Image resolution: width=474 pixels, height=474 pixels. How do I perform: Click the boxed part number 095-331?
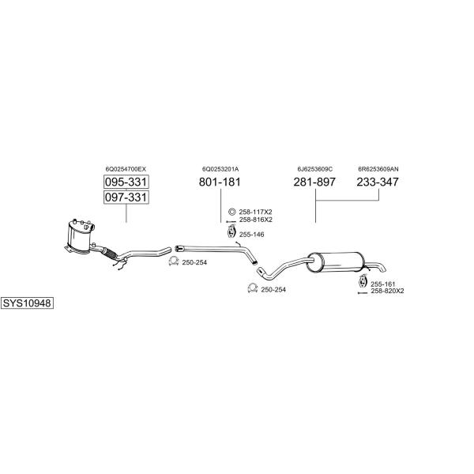[x=126, y=182]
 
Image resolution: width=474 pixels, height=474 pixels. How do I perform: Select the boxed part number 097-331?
[x=126, y=197]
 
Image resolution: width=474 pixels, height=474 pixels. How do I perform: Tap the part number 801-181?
[x=220, y=182]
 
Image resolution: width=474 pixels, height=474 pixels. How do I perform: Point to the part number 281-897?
[x=314, y=182]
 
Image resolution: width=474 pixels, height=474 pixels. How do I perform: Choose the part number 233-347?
[x=378, y=182]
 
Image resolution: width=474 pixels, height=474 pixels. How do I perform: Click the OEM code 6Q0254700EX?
[x=126, y=169]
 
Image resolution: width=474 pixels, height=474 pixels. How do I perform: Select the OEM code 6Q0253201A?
[x=220, y=169]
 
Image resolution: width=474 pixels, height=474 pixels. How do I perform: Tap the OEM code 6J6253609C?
[x=314, y=169]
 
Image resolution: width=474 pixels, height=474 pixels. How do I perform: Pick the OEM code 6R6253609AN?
[x=378, y=169]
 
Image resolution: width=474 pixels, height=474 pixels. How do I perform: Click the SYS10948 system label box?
[x=27, y=303]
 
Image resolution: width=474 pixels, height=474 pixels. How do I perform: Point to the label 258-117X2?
[x=255, y=213]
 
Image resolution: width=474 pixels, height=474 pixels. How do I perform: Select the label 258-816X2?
[x=256, y=220]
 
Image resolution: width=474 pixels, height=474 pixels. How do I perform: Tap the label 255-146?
[x=251, y=235]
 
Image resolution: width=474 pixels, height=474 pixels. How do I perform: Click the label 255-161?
[x=383, y=284]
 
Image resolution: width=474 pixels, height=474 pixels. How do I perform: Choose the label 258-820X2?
[x=387, y=291]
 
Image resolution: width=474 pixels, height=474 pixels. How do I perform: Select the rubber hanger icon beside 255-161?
[x=362, y=281]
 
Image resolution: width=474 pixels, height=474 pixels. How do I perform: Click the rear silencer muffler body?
[x=337, y=262]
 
